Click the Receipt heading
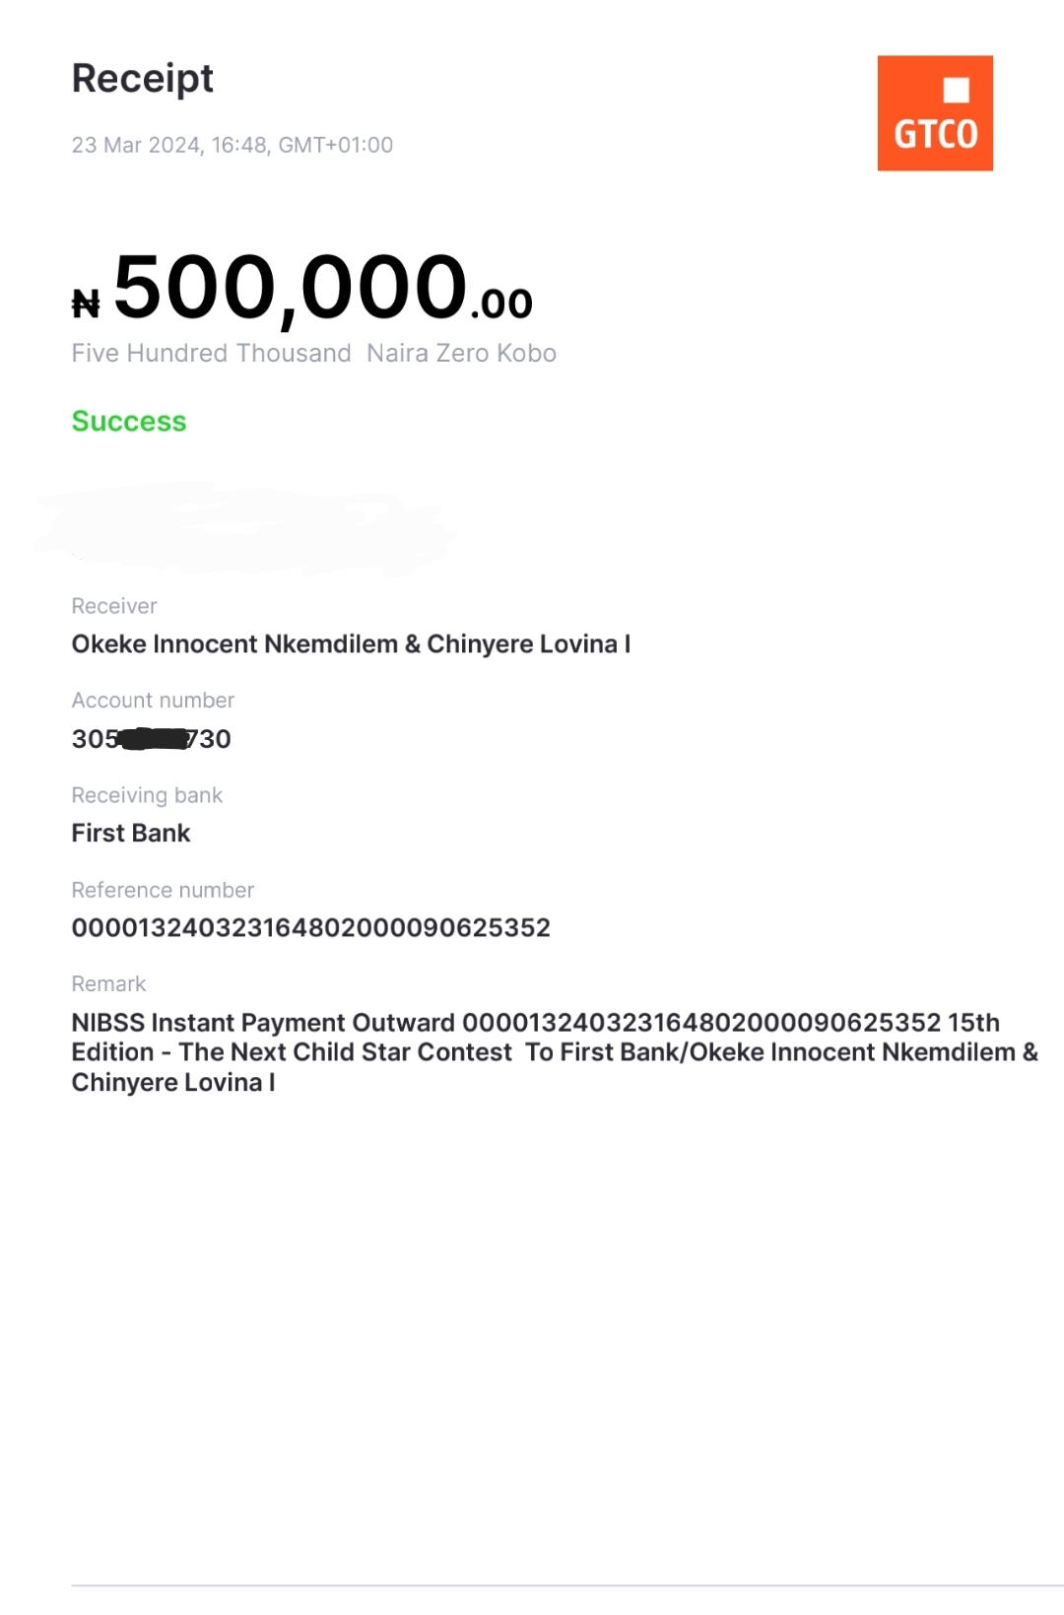pyautogui.click(x=142, y=79)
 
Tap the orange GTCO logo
pyautogui.click(x=934, y=113)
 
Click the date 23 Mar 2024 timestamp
pyautogui.click(x=232, y=145)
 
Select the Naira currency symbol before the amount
pyautogui.click(x=86, y=303)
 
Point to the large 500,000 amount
pyautogui.click(x=291, y=288)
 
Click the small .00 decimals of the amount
pyautogui.click(x=501, y=303)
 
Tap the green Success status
pyautogui.click(x=129, y=422)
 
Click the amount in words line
pyautogui.click(x=313, y=354)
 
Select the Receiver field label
pyautogui.click(x=114, y=606)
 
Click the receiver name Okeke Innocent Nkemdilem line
pyautogui.click(x=351, y=644)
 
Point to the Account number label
pyautogui.click(x=153, y=701)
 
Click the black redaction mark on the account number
pyautogui.click(x=154, y=739)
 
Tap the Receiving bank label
pyautogui.click(x=147, y=795)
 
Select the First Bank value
pyautogui.click(x=131, y=834)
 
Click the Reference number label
pyautogui.click(x=163, y=890)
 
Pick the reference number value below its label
pyautogui.click(x=310, y=928)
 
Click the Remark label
pyautogui.click(x=108, y=984)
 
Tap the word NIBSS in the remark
pyautogui.click(x=108, y=1023)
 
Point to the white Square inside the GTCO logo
pyautogui.click(x=956, y=90)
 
